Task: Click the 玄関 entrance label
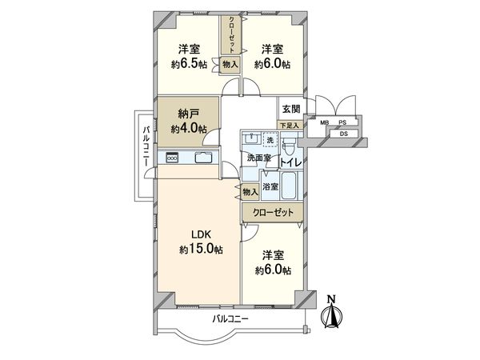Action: [x=291, y=109]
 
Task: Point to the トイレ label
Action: [x=291, y=162]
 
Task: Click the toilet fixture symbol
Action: [x=287, y=146]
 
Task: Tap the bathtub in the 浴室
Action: [x=289, y=186]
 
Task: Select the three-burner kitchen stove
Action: [x=172, y=158]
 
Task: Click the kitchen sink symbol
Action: [x=202, y=158]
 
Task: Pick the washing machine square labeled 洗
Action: [x=270, y=141]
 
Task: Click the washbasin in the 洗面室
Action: [x=253, y=139]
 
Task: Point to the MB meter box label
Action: [x=325, y=122]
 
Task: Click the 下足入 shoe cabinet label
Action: [x=290, y=126]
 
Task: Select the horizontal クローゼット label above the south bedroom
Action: [x=273, y=212]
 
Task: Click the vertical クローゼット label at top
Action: [x=232, y=34]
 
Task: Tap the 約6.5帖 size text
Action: [x=189, y=64]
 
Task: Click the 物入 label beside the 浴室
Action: [x=250, y=192]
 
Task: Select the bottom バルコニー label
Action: [x=230, y=319]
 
